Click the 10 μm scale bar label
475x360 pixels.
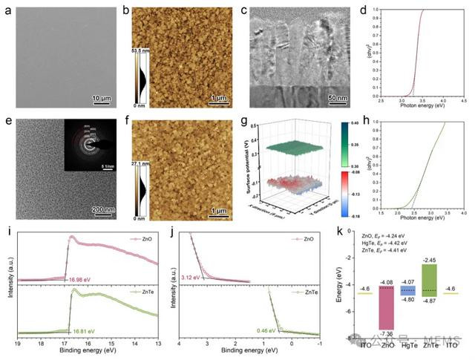(100, 97)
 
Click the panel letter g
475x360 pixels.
(253, 122)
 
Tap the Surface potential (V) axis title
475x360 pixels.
(252, 163)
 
